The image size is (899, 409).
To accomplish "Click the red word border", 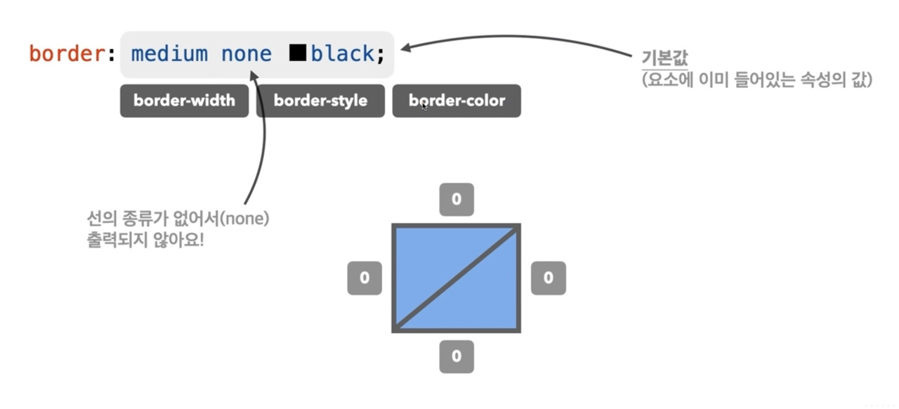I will point(67,53).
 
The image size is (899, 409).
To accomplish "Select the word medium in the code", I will point(169,53).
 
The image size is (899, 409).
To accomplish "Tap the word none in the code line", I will point(247,53).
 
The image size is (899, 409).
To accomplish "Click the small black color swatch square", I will point(298,53).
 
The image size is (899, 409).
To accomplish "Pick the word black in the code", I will point(343,53).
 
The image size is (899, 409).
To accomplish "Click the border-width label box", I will point(184,100).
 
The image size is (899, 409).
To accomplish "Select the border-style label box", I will point(320,100).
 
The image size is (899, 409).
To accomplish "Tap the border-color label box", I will point(457,100).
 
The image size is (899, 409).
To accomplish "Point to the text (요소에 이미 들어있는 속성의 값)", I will point(757,79).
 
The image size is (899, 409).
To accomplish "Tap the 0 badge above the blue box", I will point(457,200).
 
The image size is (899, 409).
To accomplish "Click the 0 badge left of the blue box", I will point(365,278).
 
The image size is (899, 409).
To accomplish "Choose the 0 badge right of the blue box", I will point(548,278).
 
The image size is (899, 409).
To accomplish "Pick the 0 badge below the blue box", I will point(457,356).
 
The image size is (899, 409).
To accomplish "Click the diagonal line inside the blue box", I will point(457,278).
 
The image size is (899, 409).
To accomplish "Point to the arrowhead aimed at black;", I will point(407,49).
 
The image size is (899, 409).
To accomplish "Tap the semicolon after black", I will point(381,55).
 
